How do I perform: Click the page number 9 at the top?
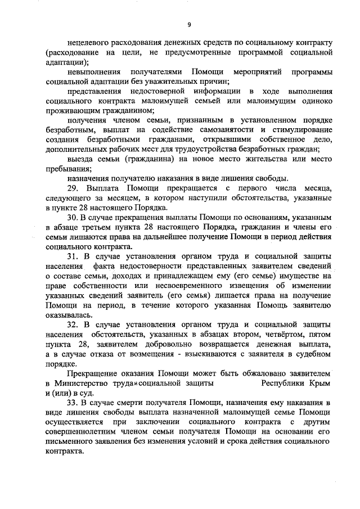(189, 24)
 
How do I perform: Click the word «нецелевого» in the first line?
(89, 43)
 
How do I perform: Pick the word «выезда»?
(79, 160)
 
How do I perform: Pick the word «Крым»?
(318, 384)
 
